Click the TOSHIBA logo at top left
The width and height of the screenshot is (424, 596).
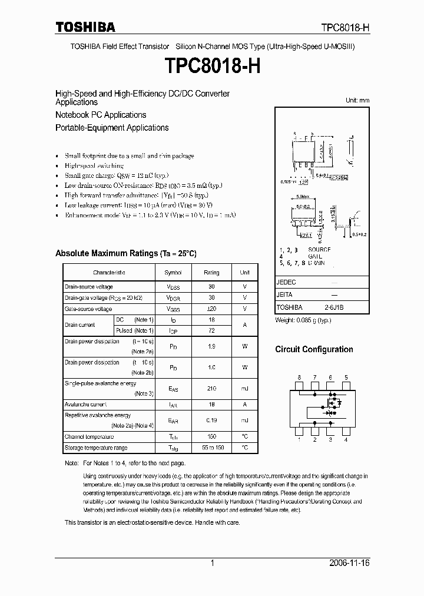click(x=85, y=27)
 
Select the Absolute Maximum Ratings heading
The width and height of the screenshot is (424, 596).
click(x=125, y=253)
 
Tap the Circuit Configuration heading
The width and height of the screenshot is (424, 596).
click(x=314, y=349)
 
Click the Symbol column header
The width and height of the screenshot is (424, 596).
click(x=173, y=273)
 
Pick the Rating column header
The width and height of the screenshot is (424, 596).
click(x=211, y=273)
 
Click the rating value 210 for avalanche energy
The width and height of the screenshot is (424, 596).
click(x=211, y=389)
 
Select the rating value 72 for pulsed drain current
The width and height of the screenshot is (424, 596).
click(x=211, y=331)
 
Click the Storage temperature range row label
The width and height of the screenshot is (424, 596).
click(x=95, y=448)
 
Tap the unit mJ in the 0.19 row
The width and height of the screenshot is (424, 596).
click(x=244, y=420)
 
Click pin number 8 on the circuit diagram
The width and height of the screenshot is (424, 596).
click(x=299, y=378)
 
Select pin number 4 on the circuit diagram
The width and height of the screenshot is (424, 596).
click(x=346, y=439)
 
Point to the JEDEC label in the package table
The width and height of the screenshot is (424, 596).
click(x=286, y=283)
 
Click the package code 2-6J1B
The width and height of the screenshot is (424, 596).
click(x=334, y=307)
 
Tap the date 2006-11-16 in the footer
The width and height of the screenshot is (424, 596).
click(x=349, y=564)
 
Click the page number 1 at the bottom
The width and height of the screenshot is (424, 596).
click(x=212, y=564)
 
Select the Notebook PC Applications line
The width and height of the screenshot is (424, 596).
click(x=101, y=115)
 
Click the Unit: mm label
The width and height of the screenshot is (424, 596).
click(x=357, y=101)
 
